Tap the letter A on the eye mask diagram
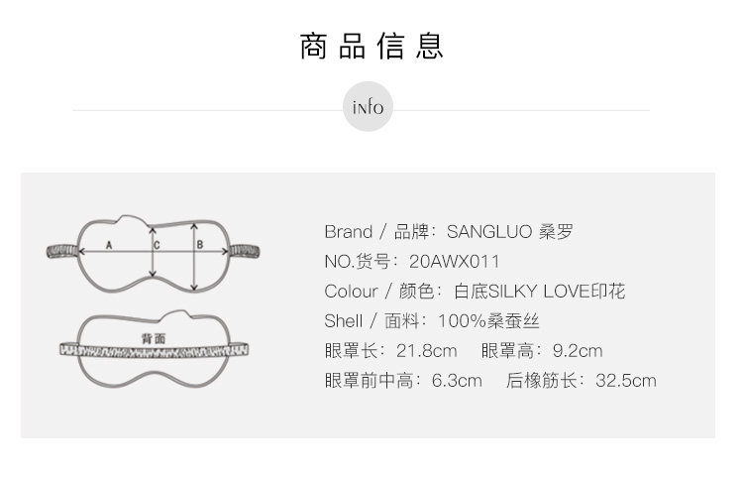pyautogui.click(x=109, y=243)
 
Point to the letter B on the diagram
pyautogui.click(x=199, y=243)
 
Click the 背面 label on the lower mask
pyautogui.click(x=154, y=338)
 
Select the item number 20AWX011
pyautogui.click(x=454, y=262)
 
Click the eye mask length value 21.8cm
pyautogui.click(x=426, y=351)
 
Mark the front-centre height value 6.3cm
pyautogui.click(x=457, y=381)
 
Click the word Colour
pyautogui.click(x=351, y=292)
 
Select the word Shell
pyautogui.click(x=343, y=321)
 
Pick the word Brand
pyautogui.click(x=348, y=232)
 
